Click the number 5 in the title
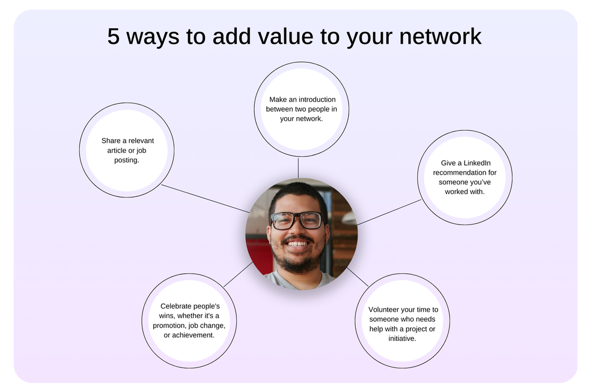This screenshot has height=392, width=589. [x=114, y=37]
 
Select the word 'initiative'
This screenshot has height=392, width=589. [x=402, y=339]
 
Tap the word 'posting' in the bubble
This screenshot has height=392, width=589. [x=126, y=160]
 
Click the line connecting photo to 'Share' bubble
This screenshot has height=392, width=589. [x=204, y=198]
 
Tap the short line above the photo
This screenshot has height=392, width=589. [x=298, y=167]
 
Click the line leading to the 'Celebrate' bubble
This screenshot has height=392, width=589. [x=238, y=274]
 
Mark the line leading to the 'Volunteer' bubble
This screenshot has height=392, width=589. [x=357, y=276]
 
